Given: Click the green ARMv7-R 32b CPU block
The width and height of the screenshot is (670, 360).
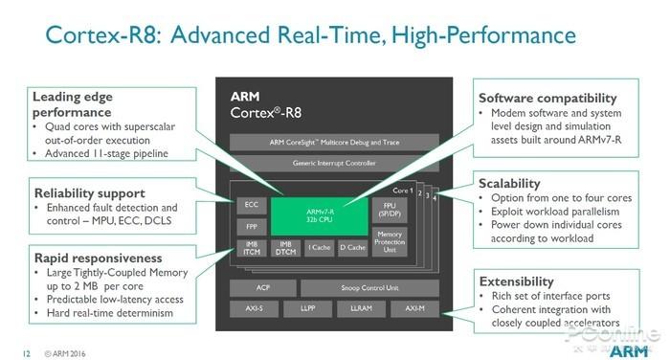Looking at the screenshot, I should pos(308,215).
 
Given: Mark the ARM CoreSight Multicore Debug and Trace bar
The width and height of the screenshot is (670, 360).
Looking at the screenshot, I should pos(334,142).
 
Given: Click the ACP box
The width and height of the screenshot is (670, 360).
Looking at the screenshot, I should pos(261,287).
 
